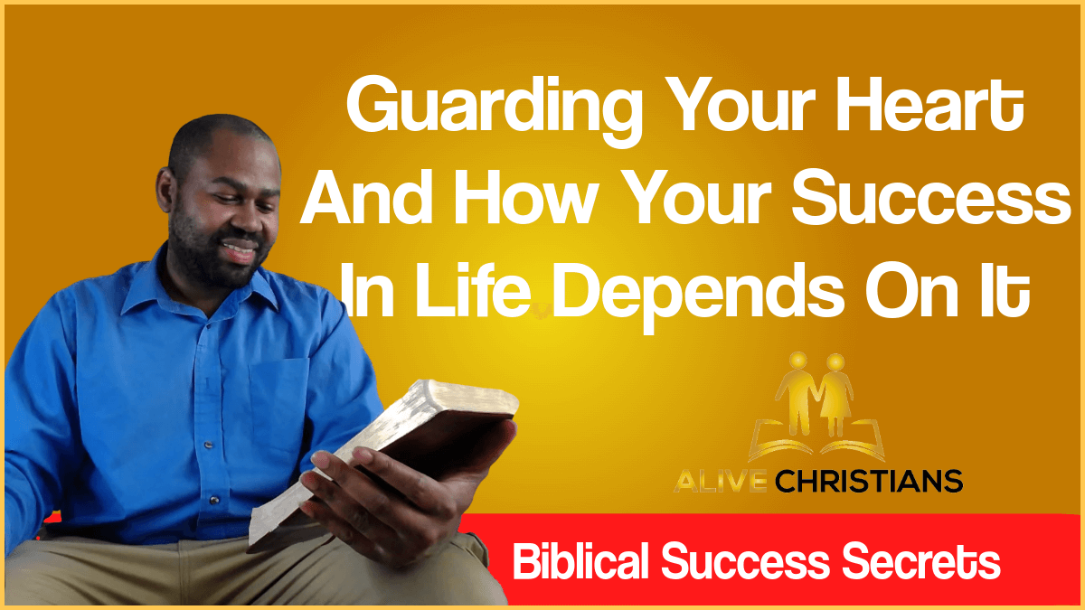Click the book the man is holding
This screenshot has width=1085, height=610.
point(398,452)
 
